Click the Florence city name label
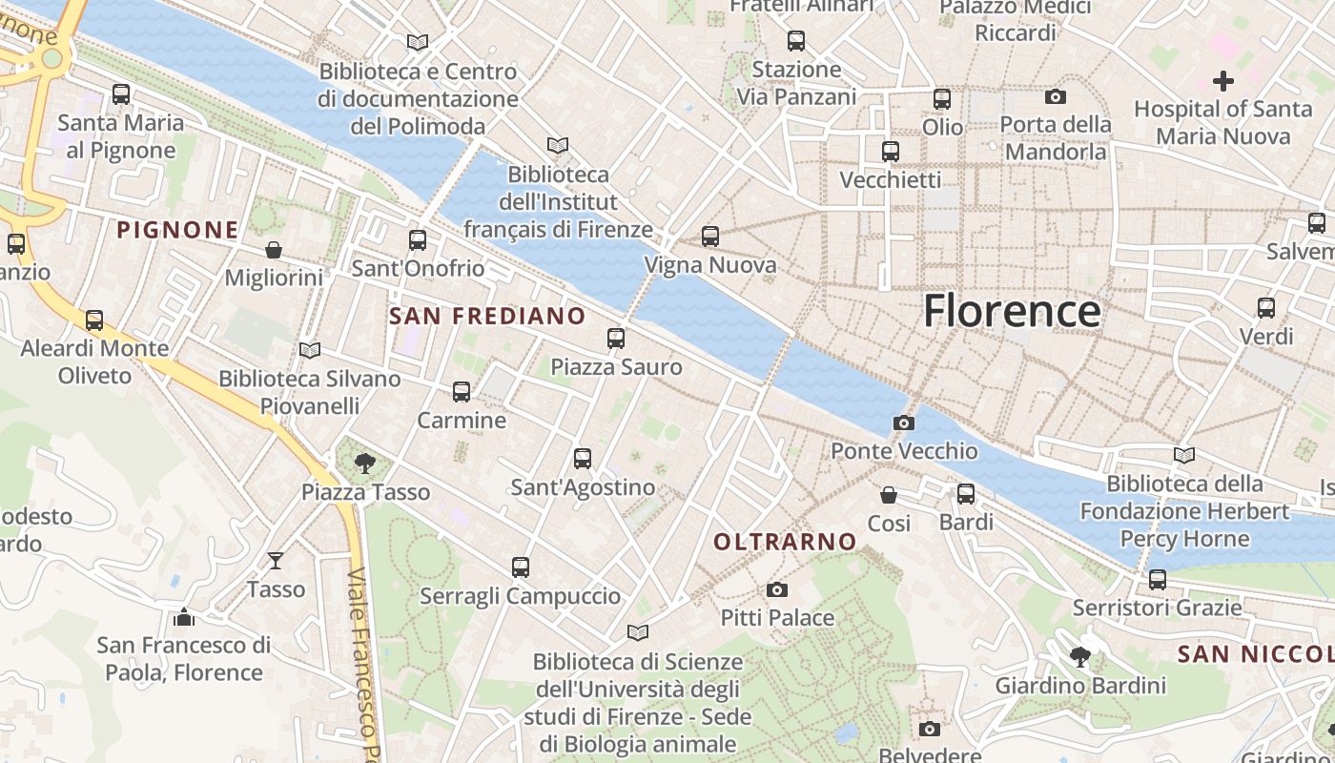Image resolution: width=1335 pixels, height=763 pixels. point(1012,312)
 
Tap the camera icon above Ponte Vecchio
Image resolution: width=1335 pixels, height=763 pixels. point(903,423)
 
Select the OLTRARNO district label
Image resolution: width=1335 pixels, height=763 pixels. point(786,542)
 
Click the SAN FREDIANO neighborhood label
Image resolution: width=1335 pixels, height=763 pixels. point(487,316)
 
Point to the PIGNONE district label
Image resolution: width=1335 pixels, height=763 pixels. point(177,229)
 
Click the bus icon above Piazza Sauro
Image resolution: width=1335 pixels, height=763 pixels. point(616,338)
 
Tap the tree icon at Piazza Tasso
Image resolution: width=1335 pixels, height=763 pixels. point(364,464)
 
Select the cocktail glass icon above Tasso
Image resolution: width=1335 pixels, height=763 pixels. point(276,561)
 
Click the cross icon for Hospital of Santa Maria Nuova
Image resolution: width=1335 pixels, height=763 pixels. point(1222,81)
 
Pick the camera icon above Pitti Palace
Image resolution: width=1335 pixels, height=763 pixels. point(777,589)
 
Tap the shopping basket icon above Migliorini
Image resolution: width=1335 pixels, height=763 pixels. point(274,250)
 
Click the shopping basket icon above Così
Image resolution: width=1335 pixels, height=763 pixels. point(888,494)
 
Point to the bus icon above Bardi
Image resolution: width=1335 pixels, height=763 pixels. point(966,493)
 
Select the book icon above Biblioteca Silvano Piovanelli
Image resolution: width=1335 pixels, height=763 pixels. point(310,350)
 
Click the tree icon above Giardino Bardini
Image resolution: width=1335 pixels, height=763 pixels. point(1080,656)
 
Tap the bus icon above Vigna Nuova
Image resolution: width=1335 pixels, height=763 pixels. point(710,236)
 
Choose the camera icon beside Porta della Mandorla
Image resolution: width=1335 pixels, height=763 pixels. point(1056,96)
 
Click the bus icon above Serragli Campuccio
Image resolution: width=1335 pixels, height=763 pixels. point(521,567)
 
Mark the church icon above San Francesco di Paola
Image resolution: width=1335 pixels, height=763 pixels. point(184,617)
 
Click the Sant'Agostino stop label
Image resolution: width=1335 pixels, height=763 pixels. point(583,487)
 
